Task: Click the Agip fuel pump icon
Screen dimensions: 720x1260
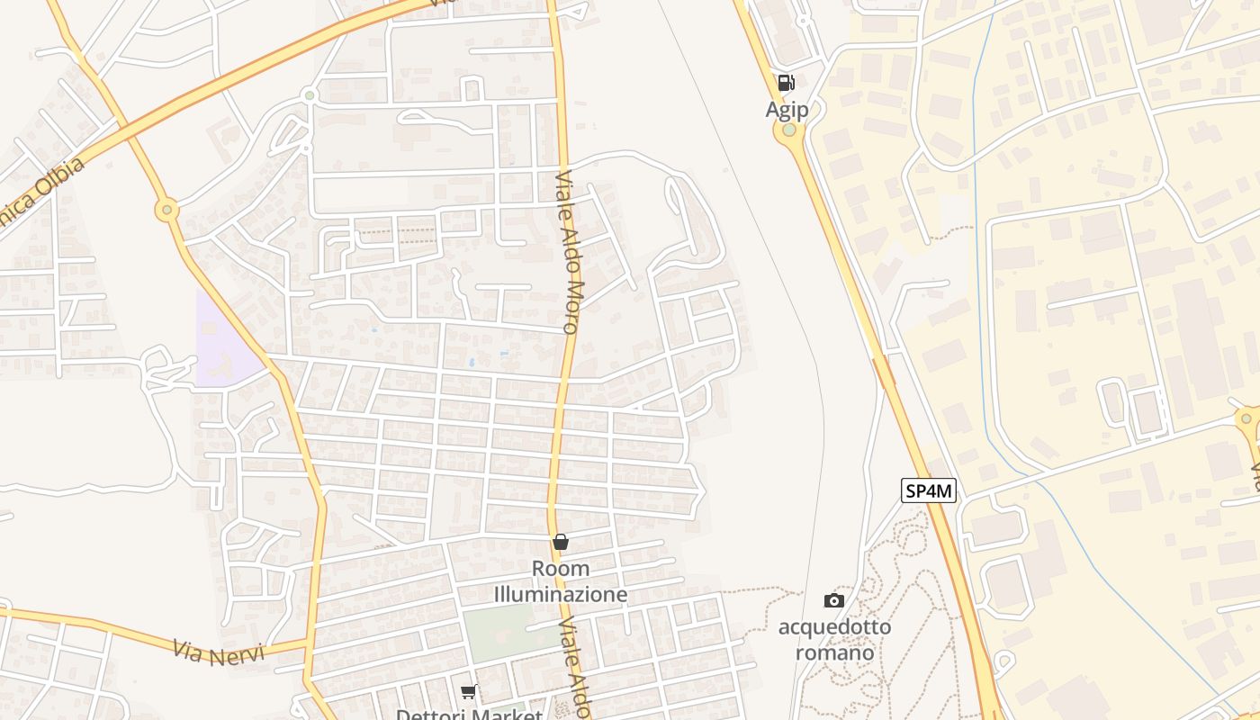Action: click(x=786, y=84)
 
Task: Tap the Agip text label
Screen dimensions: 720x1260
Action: click(x=787, y=110)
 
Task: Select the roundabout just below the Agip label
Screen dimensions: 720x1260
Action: click(x=789, y=130)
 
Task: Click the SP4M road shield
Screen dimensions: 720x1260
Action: click(x=929, y=490)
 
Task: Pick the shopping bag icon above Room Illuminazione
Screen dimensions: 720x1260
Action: click(x=561, y=542)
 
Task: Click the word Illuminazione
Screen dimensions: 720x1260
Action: click(x=561, y=595)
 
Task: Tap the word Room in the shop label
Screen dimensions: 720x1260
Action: click(x=561, y=569)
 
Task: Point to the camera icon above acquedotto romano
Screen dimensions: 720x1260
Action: click(x=834, y=600)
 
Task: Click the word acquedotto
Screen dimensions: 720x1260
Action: click(x=834, y=626)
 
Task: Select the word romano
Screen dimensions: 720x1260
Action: click(x=834, y=652)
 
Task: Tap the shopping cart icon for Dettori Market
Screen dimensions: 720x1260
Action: click(x=468, y=692)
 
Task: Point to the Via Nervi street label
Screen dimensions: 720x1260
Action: click(x=219, y=652)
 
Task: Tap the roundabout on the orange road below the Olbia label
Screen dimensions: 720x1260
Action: click(x=166, y=211)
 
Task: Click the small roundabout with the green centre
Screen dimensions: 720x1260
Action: click(x=310, y=94)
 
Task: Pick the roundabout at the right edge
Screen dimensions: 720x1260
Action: click(x=1248, y=418)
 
